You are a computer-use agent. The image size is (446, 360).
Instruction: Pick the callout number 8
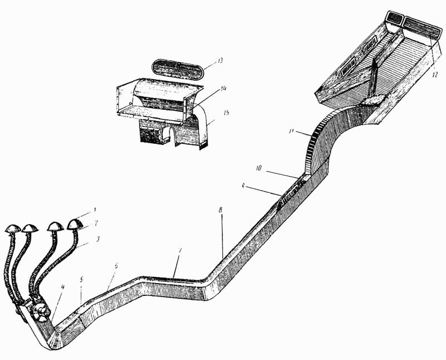click(221, 211)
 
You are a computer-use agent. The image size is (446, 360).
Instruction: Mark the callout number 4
click(62, 288)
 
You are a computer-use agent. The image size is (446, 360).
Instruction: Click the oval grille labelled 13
click(178, 70)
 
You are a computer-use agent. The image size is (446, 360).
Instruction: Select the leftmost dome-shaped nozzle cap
click(12, 228)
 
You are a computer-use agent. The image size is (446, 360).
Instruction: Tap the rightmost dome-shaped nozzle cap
click(75, 224)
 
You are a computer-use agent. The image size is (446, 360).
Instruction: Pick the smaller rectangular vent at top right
click(394, 17)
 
